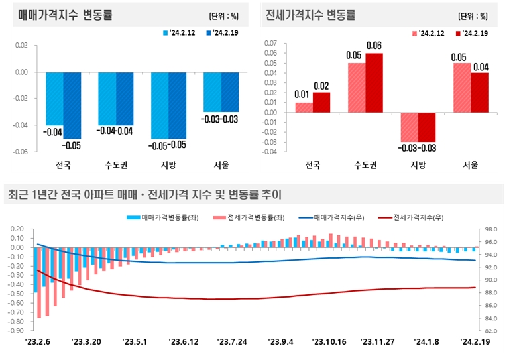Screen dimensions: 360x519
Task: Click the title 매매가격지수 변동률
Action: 60,14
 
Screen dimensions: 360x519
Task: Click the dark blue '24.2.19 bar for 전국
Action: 72,105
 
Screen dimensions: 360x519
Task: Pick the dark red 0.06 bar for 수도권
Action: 374,82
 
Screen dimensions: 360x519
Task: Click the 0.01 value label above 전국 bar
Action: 304,95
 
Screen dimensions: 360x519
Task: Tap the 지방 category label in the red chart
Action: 418,165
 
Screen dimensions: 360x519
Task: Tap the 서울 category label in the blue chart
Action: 221,165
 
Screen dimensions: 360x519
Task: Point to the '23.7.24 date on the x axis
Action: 233,342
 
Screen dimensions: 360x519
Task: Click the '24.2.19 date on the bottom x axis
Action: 477,342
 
